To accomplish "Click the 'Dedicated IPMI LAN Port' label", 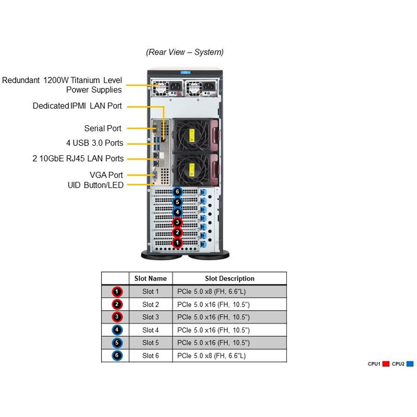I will pos(77,106).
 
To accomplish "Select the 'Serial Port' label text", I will pos(103,128).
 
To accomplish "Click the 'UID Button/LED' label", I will pos(95,185).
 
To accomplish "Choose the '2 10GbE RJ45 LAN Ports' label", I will pos(78,158).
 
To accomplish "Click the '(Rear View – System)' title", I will pos(185,52).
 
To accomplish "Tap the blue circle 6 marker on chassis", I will pos(178,192).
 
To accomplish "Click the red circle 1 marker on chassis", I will pos(178,242).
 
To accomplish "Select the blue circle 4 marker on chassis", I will pos(178,212).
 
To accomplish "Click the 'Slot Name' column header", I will pos(151,278).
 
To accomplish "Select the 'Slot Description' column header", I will pos(229,278).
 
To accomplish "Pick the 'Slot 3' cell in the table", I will pos(151,317).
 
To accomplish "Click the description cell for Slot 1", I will pos(229,291).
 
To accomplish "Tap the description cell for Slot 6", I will pos(229,355).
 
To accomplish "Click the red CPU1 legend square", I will pos(386,363).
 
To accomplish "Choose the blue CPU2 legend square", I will pos(410,363).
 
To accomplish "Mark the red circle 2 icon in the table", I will pos(118,304).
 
